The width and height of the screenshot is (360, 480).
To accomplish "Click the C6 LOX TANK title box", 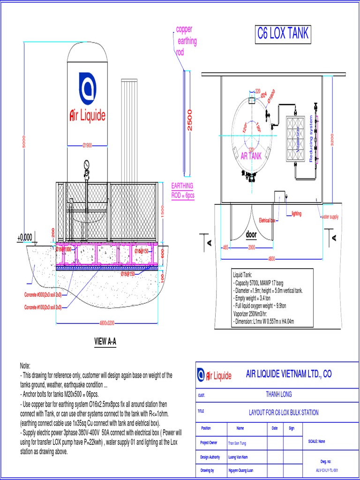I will (283, 34).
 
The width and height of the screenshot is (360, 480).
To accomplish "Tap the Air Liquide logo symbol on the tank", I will (88, 88).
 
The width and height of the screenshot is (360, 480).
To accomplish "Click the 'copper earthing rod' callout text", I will (186, 41).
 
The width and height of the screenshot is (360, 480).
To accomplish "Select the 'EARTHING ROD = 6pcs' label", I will (182, 191).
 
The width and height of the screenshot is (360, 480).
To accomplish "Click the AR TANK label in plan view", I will (251, 157).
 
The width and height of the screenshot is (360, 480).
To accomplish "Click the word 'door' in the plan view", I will (252, 234).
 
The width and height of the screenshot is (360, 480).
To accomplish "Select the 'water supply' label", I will (329, 217).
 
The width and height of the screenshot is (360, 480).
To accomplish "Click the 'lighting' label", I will (296, 214).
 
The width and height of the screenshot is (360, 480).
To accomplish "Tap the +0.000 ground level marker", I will (24, 238).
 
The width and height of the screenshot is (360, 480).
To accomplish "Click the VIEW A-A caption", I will (105, 342).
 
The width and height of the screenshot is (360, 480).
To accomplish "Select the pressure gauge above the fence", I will (86, 165).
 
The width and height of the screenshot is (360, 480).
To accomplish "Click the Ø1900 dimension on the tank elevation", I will (87, 145).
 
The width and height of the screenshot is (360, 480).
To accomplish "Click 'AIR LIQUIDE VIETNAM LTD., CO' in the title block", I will (289, 374).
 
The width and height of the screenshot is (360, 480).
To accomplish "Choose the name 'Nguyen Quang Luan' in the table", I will (247, 470).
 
